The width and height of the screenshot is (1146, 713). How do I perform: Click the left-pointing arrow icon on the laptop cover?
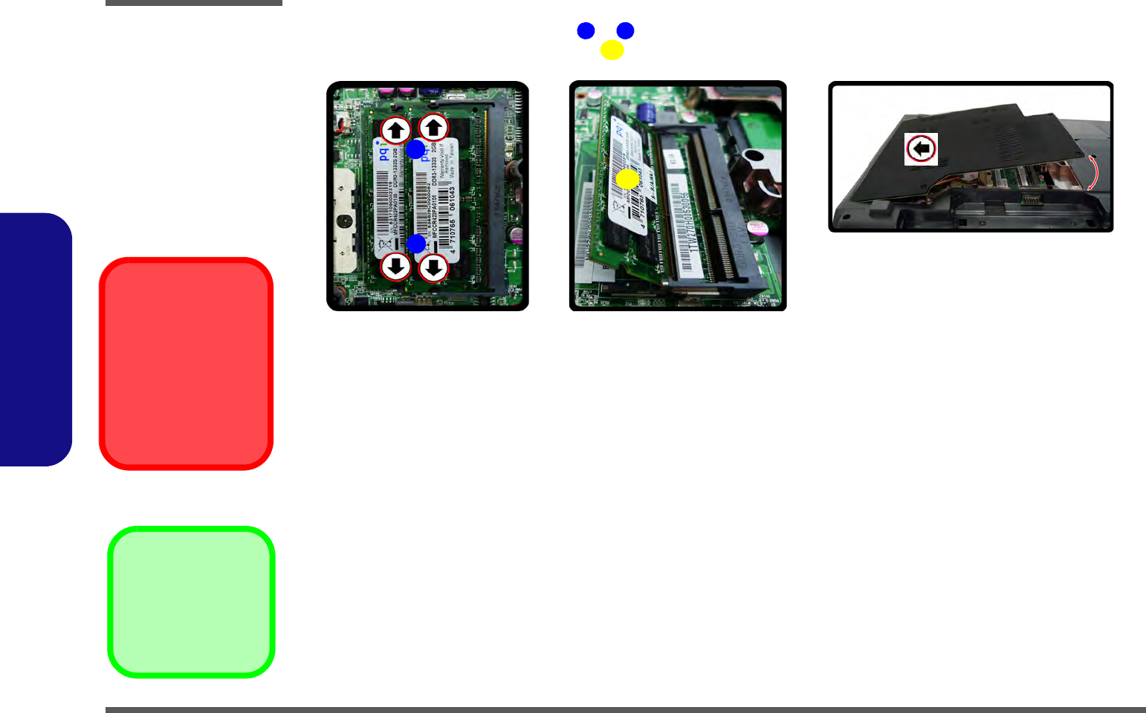coord(921,149)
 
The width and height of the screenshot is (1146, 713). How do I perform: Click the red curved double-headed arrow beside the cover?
coord(1092,173)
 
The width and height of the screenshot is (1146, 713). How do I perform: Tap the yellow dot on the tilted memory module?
coord(627,179)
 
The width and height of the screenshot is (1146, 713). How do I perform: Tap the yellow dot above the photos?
coord(612,50)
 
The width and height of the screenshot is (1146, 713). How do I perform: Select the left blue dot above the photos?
coord(586,30)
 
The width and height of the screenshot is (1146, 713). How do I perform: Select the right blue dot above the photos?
coord(625,30)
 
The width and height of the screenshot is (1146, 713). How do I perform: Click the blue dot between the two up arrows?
coord(415,149)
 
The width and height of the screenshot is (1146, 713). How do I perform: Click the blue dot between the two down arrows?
coord(415,244)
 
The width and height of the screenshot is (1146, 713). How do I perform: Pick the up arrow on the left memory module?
coord(395,131)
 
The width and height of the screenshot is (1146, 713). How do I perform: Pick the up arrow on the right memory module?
coord(433,128)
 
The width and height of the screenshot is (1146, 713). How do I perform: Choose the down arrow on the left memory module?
coord(395,266)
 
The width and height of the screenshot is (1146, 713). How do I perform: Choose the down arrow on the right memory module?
coord(433,267)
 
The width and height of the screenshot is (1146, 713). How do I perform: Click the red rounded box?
coord(186,363)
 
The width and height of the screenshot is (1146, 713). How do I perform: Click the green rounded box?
coord(192,602)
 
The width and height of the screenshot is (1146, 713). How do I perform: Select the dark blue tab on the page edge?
coord(35,339)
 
